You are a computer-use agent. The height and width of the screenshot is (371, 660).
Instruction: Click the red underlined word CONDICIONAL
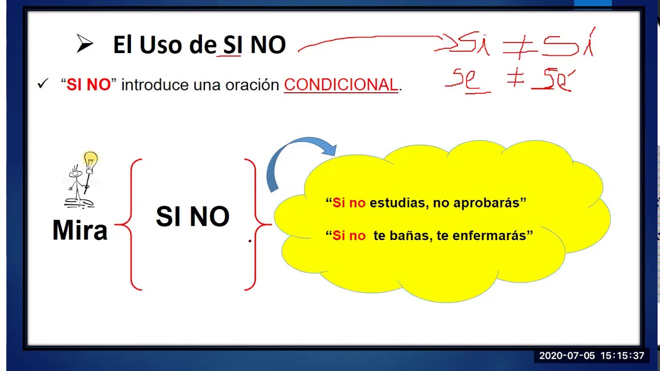341,85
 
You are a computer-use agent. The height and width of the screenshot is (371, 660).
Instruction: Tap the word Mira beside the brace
80,230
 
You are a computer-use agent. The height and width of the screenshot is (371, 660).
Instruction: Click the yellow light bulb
91,160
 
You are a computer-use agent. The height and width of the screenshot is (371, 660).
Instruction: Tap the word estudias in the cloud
398,203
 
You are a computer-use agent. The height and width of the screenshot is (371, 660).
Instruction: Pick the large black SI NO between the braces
192,217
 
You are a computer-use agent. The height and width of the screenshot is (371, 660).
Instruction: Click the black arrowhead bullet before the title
85,45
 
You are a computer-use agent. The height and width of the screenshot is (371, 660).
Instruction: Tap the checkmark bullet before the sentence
42,84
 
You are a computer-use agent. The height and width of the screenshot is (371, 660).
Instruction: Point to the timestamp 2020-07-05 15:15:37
591,356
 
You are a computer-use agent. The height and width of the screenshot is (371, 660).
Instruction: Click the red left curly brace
129,225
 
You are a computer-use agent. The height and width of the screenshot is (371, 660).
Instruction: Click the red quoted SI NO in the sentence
89,85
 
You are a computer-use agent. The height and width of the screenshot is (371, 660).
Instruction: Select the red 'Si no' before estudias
349,203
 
